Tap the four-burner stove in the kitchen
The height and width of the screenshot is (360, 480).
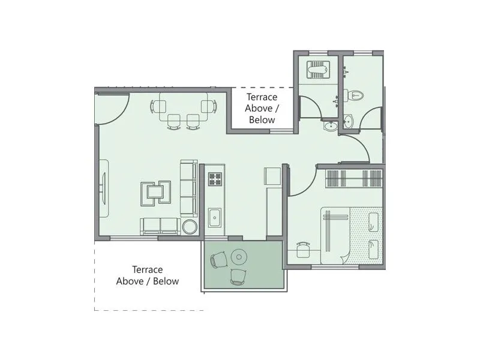[x=214, y=179]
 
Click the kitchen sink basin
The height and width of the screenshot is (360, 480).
[x=214, y=216]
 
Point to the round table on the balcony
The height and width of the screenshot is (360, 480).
[x=239, y=257]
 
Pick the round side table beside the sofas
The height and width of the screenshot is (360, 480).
[x=190, y=227]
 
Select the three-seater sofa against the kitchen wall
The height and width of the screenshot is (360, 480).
[x=188, y=187]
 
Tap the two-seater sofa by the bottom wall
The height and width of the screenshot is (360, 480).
[x=160, y=226]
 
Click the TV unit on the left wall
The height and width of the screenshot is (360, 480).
[x=103, y=188]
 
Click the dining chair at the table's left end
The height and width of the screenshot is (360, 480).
[x=159, y=107]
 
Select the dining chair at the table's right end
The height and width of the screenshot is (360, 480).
[x=208, y=107]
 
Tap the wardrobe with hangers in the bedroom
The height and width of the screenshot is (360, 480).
[x=353, y=179]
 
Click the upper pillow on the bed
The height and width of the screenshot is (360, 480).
[x=374, y=223]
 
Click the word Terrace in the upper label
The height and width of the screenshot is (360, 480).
[x=262, y=97]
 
